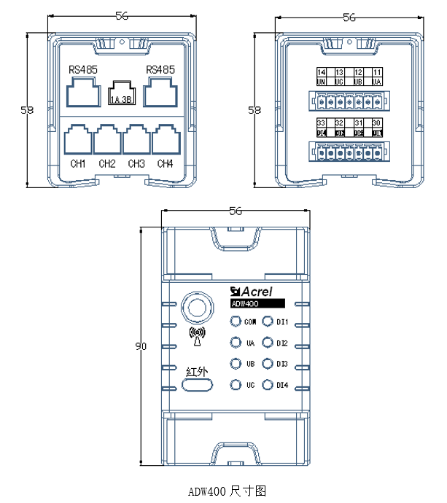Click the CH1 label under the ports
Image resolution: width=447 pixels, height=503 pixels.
pyautogui.click(x=79, y=163)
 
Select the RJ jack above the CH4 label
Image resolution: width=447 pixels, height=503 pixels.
pyautogui.click(x=166, y=139)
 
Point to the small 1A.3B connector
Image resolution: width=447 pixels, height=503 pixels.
pyautogui.click(x=121, y=93)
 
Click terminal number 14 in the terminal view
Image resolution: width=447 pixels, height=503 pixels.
pyautogui.click(x=322, y=73)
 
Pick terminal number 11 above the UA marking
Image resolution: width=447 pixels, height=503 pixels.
pyautogui.click(x=376, y=73)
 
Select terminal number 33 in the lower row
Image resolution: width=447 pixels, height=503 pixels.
pyautogui.click(x=322, y=123)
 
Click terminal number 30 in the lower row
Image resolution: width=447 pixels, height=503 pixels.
pyautogui.click(x=376, y=123)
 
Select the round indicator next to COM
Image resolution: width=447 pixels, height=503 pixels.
pyautogui.click(x=236, y=322)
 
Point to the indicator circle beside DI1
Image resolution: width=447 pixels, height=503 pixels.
pyautogui.click(x=268, y=322)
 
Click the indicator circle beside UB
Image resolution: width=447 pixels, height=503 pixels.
pyautogui.click(x=236, y=364)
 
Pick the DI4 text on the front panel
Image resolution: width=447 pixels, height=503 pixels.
pyautogui.click(x=282, y=385)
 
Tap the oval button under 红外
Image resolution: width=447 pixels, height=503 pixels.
pyautogui.click(x=198, y=385)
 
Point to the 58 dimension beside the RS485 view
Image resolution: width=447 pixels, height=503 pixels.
pyautogui.click(x=28, y=110)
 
